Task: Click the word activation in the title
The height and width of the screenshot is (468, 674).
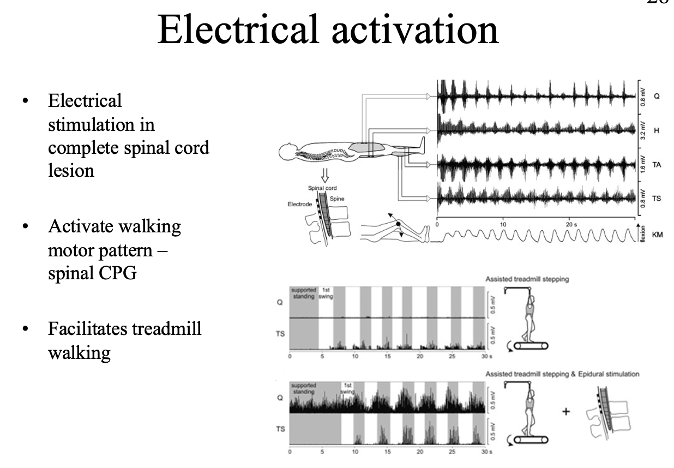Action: tap(416, 29)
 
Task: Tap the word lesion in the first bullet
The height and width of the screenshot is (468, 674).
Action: tap(71, 170)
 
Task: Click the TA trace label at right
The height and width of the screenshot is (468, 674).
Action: tap(657, 165)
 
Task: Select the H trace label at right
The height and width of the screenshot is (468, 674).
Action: tap(656, 130)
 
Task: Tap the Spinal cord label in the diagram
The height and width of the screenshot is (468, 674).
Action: tap(323, 188)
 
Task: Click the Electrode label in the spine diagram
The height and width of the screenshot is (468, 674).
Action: tap(300, 205)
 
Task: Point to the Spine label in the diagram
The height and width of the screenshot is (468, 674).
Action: tap(337, 199)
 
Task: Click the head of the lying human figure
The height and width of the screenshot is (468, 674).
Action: tap(286, 151)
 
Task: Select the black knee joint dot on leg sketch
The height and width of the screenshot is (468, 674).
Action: tap(398, 224)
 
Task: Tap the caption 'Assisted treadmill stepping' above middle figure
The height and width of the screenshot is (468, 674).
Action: tap(527, 279)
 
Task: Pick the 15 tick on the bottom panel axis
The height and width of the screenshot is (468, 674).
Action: tap(388, 452)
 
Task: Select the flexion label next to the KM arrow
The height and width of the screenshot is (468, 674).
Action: tap(644, 236)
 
